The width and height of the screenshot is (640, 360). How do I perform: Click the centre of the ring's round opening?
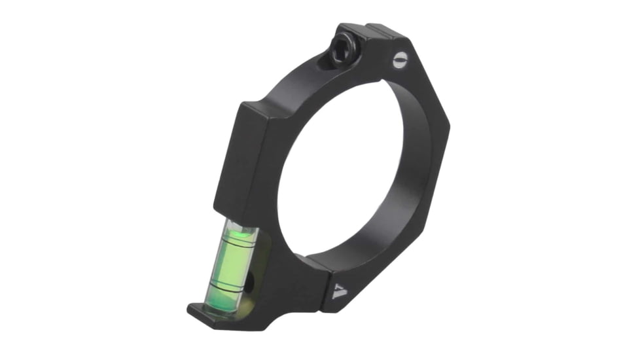pyautogui.click(x=347, y=170)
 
